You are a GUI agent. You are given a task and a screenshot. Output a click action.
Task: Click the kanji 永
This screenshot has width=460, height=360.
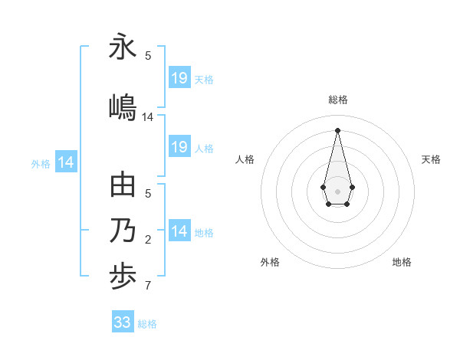(x=123, y=47)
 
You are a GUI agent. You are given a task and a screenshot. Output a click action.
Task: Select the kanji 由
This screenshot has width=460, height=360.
(x=123, y=185)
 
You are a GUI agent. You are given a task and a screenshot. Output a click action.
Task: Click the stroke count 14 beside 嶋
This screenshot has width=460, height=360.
(x=148, y=117)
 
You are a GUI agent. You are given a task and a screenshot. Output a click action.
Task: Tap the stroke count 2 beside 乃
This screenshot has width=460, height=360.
(x=148, y=240)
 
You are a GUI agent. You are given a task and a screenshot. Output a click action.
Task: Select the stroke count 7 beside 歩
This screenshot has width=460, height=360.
(x=148, y=286)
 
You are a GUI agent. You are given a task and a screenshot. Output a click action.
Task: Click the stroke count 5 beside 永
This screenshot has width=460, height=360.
(x=148, y=55)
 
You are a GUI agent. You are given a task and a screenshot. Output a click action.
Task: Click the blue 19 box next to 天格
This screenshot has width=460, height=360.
(x=179, y=77)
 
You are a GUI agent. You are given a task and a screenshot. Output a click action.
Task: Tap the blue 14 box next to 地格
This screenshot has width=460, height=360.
(x=179, y=231)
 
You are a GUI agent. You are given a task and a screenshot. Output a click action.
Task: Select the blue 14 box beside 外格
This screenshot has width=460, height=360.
(x=66, y=162)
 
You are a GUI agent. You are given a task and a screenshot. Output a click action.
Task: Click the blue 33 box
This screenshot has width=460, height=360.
(x=123, y=322)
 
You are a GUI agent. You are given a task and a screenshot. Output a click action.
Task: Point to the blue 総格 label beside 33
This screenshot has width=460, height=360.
(x=148, y=324)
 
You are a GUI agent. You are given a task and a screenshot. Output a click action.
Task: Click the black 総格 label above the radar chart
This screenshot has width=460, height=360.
(x=337, y=100)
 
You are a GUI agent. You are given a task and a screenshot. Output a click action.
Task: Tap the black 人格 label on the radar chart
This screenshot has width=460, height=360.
(x=245, y=159)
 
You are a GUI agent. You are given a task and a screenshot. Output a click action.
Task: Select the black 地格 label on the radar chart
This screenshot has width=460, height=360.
(x=402, y=262)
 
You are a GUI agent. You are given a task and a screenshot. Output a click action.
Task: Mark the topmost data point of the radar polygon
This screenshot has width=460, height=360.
(x=337, y=129)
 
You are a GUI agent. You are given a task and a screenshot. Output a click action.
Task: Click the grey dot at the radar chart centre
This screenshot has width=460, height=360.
(x=337, y=190)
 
